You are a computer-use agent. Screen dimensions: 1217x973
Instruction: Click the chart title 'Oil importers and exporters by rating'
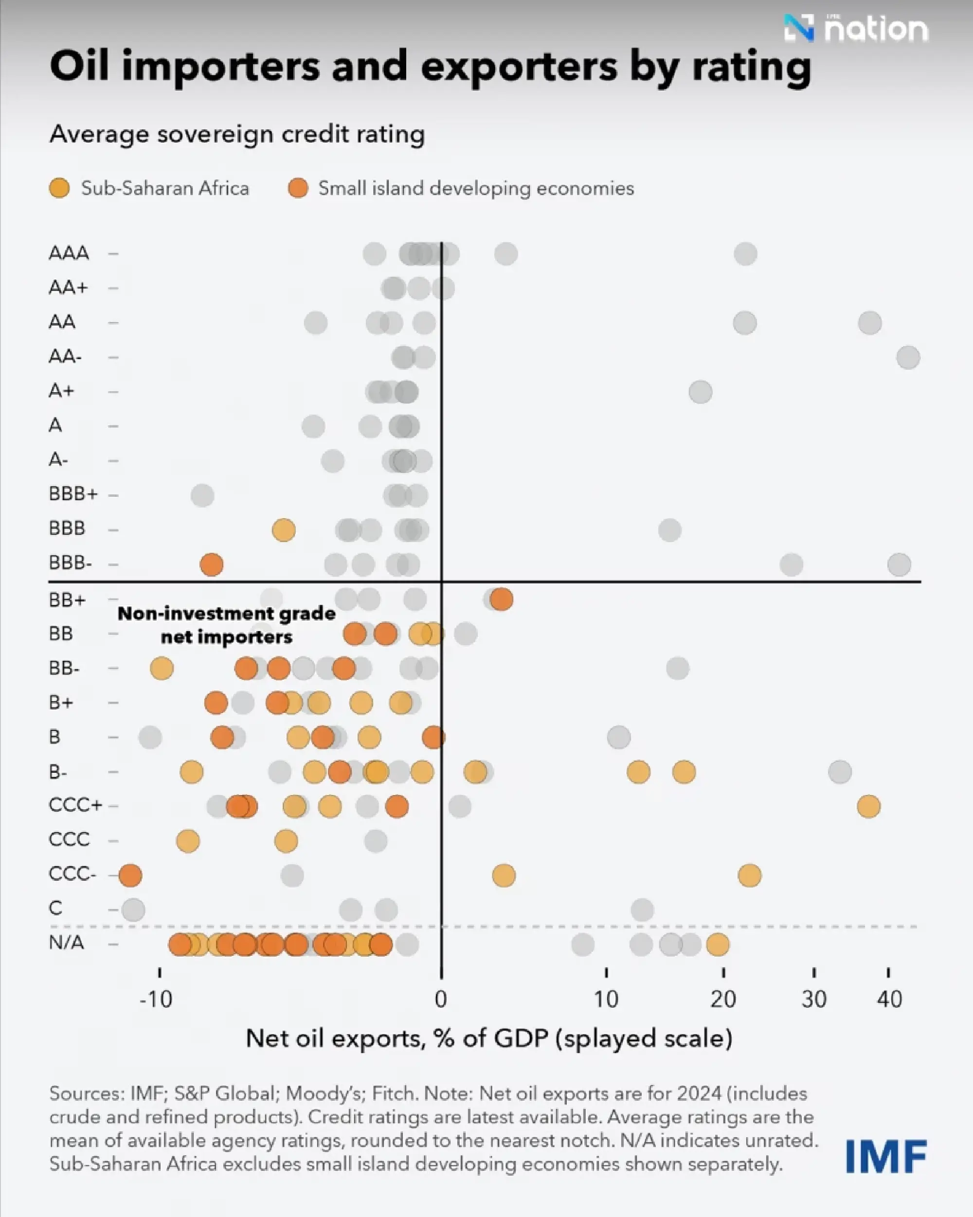(430, 67)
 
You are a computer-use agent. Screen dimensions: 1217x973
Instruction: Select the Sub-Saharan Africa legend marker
(59, 188)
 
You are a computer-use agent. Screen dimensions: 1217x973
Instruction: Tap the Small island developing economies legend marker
(298, 188)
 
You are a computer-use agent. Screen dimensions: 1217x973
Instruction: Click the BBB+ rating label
(73, 494)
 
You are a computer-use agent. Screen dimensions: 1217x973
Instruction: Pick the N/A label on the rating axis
(67, 943)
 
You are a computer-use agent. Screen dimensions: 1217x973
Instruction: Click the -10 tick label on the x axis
(156, 999)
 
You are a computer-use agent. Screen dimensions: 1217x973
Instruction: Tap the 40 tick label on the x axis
(889, 999)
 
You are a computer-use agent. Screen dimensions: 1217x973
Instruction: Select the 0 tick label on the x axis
(441, 999)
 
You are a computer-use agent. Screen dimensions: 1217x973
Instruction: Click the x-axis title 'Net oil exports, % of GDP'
(489, 1038)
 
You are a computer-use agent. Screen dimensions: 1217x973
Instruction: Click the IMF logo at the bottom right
(886, 1157)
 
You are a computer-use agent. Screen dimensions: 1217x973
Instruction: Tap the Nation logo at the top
(856, 28)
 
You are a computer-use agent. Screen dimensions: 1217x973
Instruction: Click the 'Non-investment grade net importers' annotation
(226, 625)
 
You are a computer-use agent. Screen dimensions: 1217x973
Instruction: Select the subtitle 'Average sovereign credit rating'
(237, 134)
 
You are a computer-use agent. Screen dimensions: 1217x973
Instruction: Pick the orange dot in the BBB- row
(212, 564)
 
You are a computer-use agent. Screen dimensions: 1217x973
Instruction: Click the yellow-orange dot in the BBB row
(283, 530)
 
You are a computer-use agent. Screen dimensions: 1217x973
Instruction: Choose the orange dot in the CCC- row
(130, 875)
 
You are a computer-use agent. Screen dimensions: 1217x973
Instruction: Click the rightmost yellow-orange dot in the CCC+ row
(868, 806)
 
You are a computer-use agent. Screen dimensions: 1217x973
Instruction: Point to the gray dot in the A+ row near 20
(701, 392)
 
